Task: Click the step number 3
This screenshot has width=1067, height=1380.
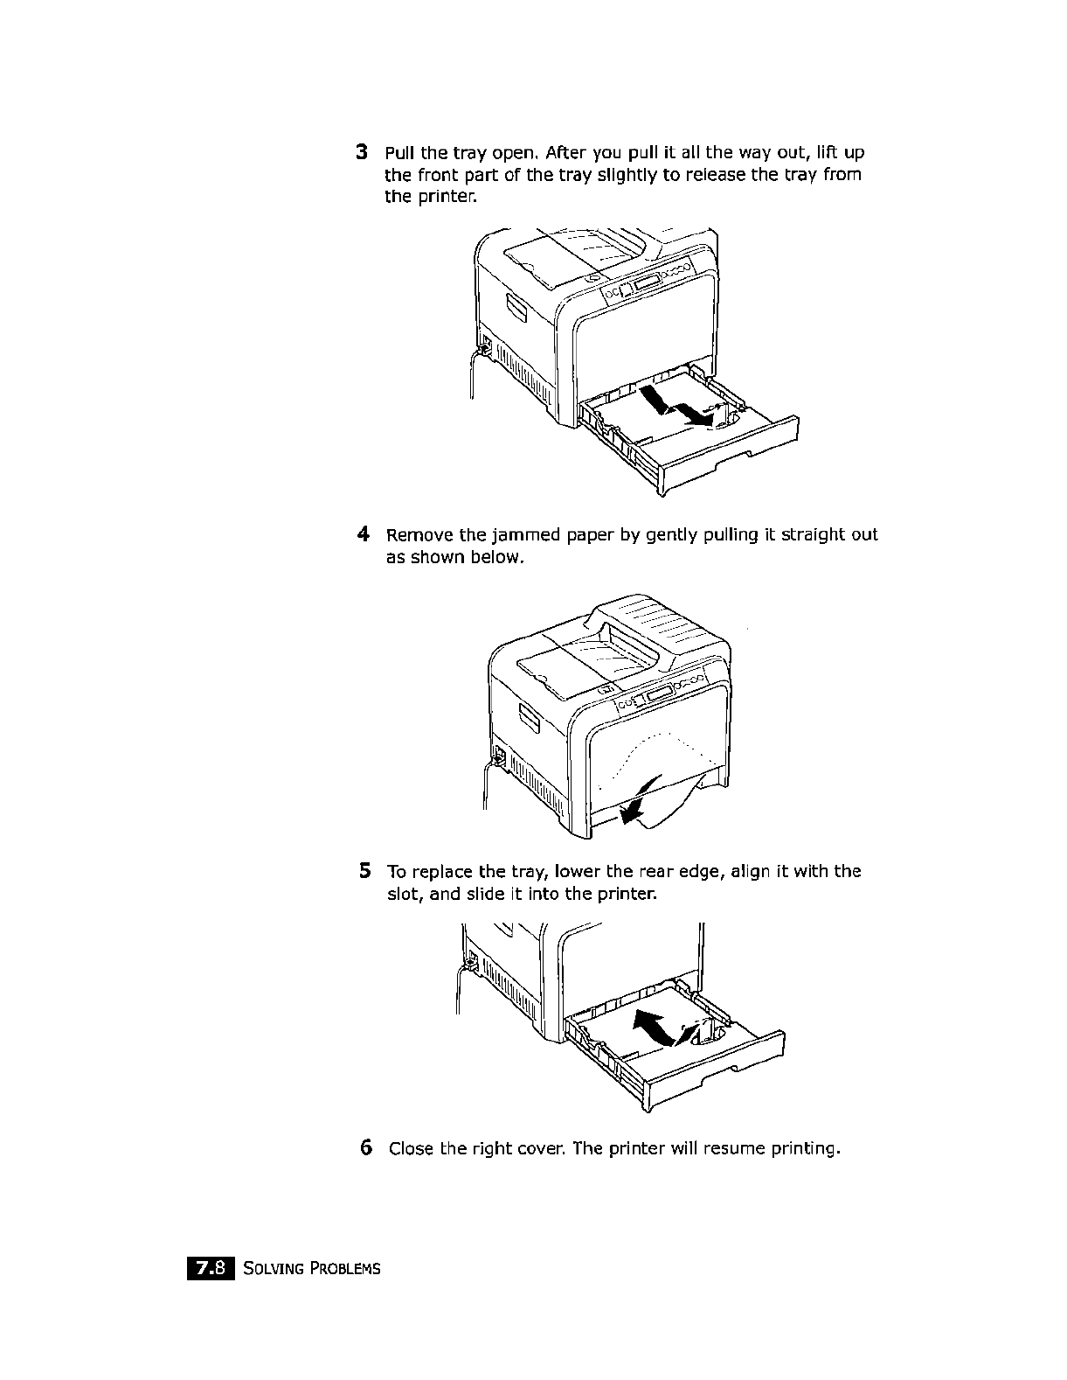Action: pyautogui.click(x=362, y=152)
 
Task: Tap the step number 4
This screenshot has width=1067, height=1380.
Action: pyautogui.click(x=362, y=533)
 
